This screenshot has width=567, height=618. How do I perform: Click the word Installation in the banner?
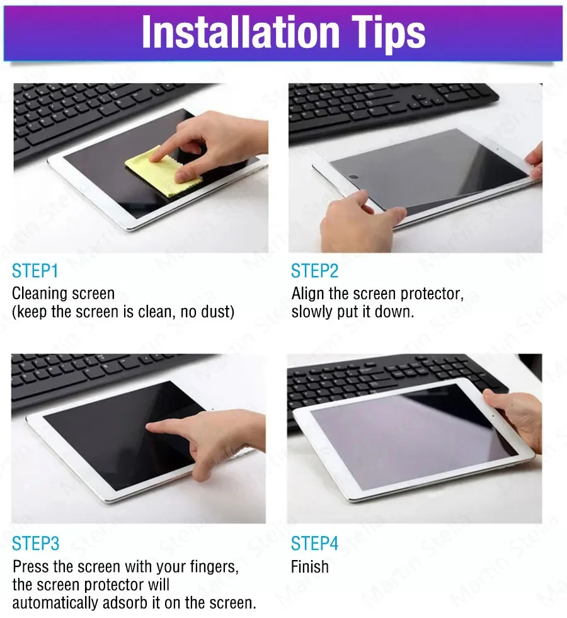click(241, 32)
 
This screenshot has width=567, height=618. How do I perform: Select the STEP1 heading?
click(35, 271)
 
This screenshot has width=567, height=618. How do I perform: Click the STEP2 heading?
click(314, 271)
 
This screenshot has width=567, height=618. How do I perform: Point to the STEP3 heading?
click(35, 544)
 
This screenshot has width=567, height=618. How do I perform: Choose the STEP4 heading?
click(314, 544)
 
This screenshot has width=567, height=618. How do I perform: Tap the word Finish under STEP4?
click(310, 567)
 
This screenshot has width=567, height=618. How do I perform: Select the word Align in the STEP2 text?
click(308, 294)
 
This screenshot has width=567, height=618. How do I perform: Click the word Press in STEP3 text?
click(31, 567)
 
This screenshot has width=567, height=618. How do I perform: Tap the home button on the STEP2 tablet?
click(353, 176)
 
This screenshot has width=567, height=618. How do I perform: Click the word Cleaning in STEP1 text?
click(34, 294)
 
